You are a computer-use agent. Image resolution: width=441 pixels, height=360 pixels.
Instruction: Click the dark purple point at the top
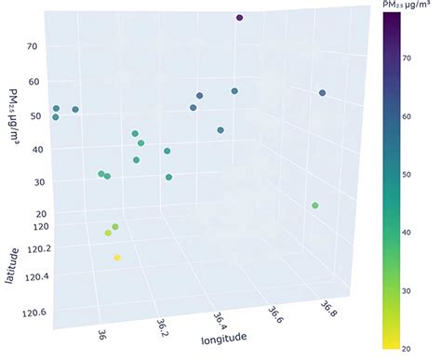click(x=239, y=18)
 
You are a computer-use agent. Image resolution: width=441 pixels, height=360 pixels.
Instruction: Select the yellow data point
click(x=117, y=258)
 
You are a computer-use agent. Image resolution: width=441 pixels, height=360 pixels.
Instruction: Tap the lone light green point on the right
click(x=315, y=206)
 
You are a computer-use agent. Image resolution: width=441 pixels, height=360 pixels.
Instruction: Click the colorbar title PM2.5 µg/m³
click(x=405, y=7)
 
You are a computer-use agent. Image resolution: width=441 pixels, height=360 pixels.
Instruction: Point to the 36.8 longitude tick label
click(x=328, y=308)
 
